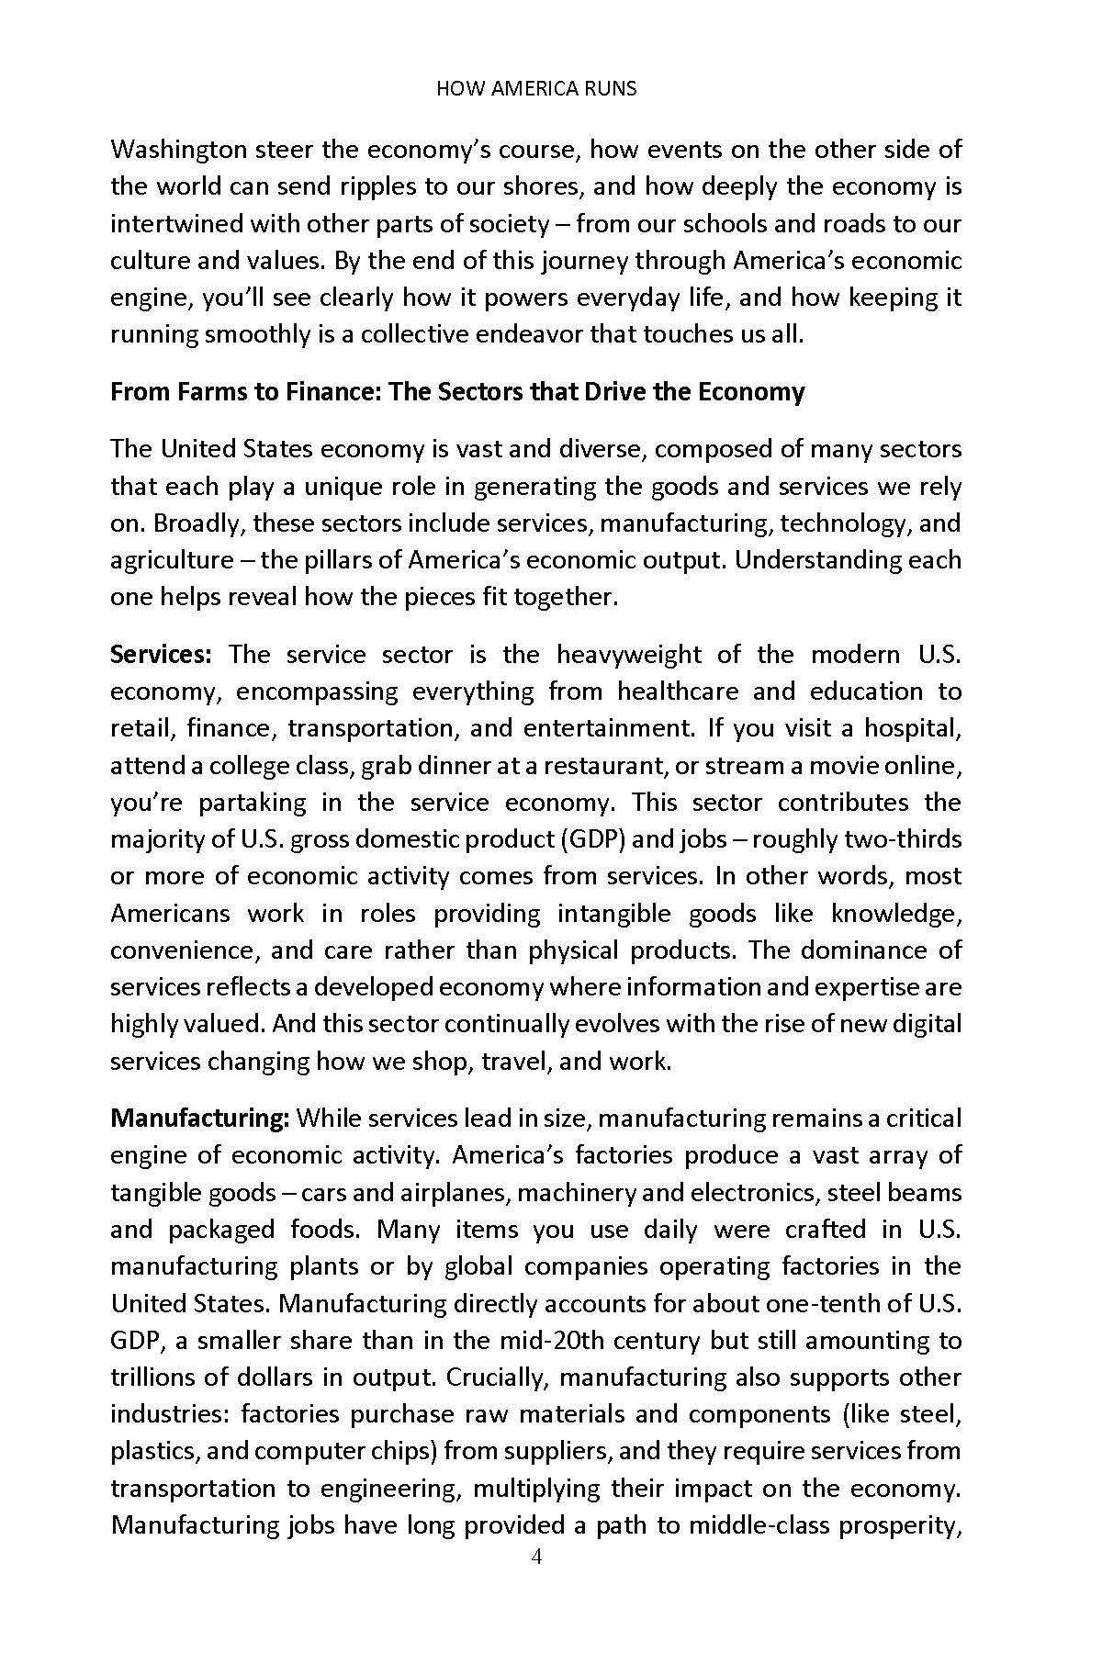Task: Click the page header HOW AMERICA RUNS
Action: click(536, 89)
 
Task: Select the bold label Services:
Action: click(162, 655)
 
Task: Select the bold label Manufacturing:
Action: click(200, 1119)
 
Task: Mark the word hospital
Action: click(913, 728)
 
